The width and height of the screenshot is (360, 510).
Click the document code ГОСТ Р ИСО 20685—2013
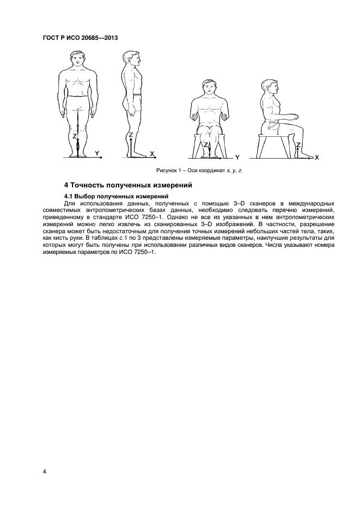click(80, 38)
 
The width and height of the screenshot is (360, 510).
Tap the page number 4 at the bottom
click(44, 471)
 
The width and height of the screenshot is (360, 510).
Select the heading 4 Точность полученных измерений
click(126, 185)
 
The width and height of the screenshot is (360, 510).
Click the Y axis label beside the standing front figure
click(97, 154)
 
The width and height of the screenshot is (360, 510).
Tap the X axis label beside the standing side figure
click(152, 154)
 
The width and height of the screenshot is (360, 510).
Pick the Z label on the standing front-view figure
click(75, 136)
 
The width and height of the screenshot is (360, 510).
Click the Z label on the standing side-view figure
click(131, 135)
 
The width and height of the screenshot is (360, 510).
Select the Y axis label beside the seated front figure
click(237, 157)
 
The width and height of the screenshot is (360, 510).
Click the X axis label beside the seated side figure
click(316, 157)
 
